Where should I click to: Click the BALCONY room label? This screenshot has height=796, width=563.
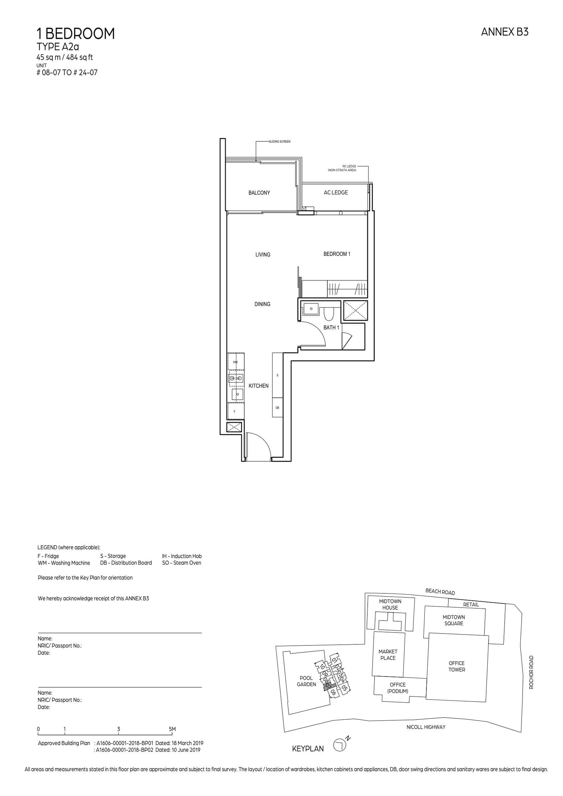[259, 193]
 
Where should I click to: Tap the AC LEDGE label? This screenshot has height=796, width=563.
[335, 192]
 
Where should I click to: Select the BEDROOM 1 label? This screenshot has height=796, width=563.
[337, 254]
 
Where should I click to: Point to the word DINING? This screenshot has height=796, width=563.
[262, 304]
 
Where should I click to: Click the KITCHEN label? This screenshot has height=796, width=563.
[258, 386]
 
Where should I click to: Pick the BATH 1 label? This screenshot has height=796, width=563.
[331, 327]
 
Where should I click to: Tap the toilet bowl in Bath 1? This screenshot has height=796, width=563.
[328, 314]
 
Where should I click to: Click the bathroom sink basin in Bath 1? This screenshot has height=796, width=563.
[311, 309]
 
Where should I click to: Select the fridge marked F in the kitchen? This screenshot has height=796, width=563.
[235, 411]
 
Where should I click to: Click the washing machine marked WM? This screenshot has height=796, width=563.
[235, 362]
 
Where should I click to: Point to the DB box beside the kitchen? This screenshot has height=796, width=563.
[277, 408]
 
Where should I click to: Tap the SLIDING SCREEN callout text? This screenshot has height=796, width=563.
[279, 141]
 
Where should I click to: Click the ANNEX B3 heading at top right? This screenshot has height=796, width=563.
[504, 32]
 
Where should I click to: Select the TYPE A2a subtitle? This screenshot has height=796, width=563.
[58, 47]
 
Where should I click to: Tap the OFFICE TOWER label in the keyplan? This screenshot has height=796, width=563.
[456, 666]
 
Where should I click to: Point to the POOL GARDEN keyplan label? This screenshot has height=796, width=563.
[306, 681]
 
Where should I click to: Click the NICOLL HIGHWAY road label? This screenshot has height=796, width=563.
[426, 727]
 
